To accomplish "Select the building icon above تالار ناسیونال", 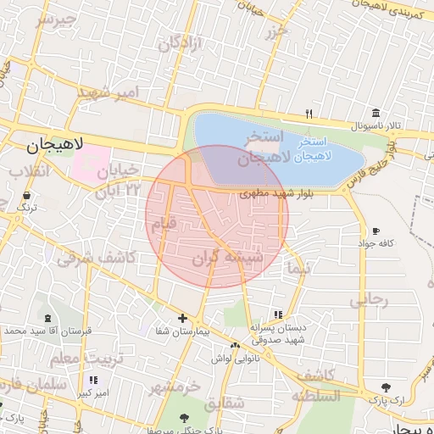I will pyautogui.click(x=375, y=114).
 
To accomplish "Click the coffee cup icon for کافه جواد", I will pyautogui.click(x=376, y=231).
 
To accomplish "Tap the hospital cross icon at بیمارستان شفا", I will pyautogui.click(x=182, y=318).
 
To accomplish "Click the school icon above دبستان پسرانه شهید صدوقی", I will pyautogui.click(x=278, y=315).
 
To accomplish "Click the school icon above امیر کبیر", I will pyautogui.click(x=92, y=381).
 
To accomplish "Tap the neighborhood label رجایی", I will pyautogui.click(x=369, y=299).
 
